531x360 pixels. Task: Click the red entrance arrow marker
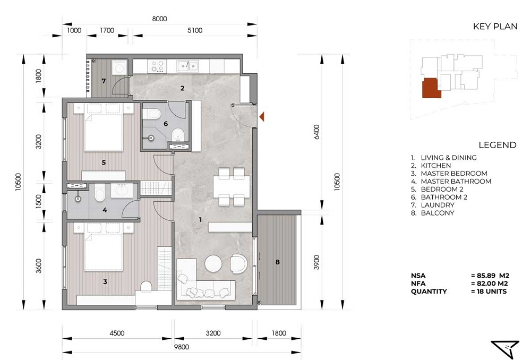coord(262,117)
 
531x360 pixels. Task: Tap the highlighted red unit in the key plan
coord(431,88)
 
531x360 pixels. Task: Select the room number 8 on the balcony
coord(278,262)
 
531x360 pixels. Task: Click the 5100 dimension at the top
coord(195,30)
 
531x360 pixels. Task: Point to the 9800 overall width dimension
coord(182,347)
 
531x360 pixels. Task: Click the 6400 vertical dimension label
coord(316,132)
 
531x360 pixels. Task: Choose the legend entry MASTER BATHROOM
coord(456,181)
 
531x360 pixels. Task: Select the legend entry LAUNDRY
coord(438,205)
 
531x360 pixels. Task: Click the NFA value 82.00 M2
coord(490,284)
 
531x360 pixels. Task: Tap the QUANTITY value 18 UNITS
coord(489,292)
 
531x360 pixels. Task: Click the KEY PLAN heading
coord(495,27)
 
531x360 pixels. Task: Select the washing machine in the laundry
coord(119,68)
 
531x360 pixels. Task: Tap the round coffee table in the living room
coord(213,263)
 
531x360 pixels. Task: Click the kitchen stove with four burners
coord(157,66)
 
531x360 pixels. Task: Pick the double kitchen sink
coord(187,66)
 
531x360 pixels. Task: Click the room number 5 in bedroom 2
coord(104,162)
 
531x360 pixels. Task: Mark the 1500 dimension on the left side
coord(39,202)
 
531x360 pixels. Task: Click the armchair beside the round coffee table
coord(239,263)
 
